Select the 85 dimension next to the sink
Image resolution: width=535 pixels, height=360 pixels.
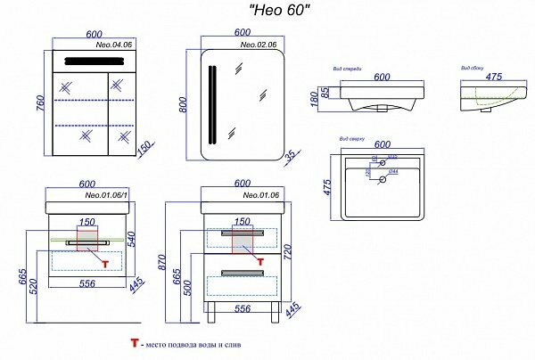[325, 91]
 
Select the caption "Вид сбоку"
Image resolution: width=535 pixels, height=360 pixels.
[472, 67]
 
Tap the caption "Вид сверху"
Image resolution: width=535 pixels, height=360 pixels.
[352, 139]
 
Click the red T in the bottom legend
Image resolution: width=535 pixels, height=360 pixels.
[135, 342]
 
